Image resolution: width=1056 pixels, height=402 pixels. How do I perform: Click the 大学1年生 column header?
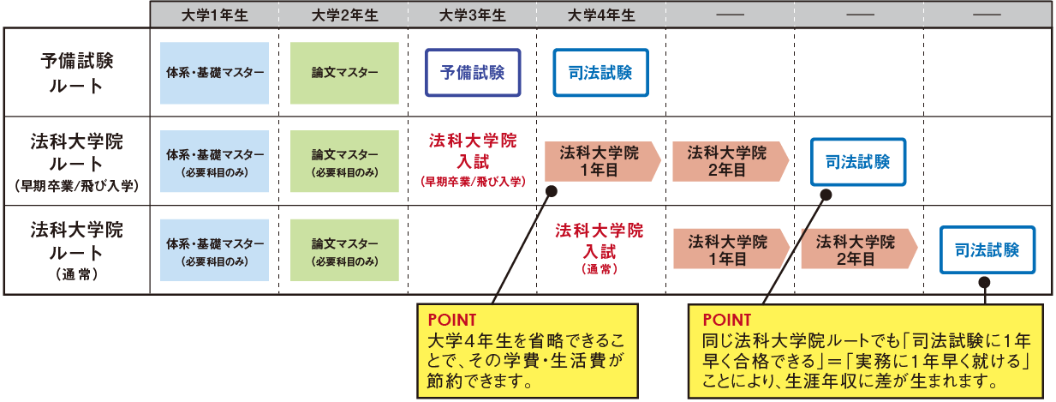[214, 15]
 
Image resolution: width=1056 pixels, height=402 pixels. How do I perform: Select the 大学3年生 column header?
[472, 15]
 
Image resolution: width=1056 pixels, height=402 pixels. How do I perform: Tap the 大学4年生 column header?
[601, 15]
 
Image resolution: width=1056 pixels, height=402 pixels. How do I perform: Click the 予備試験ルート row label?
[76, 72]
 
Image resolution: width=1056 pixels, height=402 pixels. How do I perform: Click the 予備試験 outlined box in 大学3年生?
[473, 72]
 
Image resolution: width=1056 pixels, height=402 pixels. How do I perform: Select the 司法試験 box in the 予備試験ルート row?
[600, 72]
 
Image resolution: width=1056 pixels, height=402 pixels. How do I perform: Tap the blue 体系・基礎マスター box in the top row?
[215, 73]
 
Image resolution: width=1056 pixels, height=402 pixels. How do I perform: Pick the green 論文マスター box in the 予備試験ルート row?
[344, 73]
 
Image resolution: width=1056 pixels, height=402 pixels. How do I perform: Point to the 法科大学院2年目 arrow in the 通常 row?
[857, 248]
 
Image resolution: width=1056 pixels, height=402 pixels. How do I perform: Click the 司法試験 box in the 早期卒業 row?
[857, 161]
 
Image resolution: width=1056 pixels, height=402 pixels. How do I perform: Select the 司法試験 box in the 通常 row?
[987, 250]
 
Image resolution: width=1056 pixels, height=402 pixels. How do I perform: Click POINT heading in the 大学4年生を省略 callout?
[450, 321]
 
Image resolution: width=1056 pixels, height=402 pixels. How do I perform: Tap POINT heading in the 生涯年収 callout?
[725, 321]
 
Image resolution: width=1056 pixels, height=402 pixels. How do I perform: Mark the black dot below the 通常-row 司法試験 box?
[985, 281]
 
